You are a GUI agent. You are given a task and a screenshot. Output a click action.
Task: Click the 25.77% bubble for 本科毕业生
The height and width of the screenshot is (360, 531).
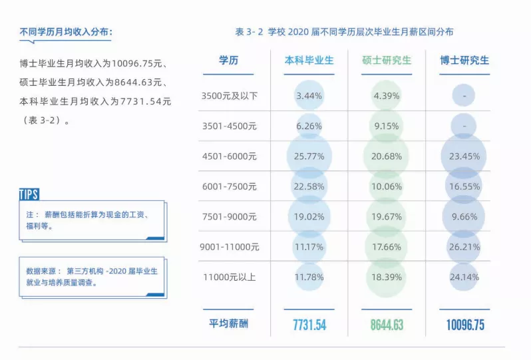309,156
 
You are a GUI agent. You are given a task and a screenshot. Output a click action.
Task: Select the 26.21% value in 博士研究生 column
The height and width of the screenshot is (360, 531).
464,247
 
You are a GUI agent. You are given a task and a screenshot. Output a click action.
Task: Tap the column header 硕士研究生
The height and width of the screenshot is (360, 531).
387,61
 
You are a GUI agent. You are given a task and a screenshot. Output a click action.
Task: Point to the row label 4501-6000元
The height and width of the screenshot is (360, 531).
230,156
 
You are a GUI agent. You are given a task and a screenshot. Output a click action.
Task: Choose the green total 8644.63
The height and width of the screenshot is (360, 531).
387,325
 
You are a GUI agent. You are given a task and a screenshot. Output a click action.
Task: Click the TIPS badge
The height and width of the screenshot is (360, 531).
29,194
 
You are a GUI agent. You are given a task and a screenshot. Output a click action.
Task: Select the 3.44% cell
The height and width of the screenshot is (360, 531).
309,96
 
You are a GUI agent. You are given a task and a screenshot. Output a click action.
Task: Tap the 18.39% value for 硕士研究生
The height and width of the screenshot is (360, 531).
386,277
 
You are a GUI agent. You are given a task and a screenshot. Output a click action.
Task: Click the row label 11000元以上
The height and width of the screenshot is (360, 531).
230,277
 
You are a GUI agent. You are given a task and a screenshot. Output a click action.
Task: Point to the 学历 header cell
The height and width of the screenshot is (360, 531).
229,61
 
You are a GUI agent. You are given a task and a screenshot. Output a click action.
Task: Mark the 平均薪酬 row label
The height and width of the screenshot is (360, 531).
229,324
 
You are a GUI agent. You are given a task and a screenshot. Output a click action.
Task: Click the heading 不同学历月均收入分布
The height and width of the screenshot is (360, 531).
66,32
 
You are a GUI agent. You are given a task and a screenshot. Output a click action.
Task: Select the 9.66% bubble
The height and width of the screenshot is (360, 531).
464,217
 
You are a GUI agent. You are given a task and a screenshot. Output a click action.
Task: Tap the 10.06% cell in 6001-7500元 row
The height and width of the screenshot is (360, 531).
386,186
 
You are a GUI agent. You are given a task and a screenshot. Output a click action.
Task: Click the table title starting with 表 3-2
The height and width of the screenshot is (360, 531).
344,32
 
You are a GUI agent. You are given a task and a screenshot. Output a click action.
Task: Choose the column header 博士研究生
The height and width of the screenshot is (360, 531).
464,61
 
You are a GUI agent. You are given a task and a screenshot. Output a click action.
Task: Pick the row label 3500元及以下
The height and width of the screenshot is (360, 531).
230,96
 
